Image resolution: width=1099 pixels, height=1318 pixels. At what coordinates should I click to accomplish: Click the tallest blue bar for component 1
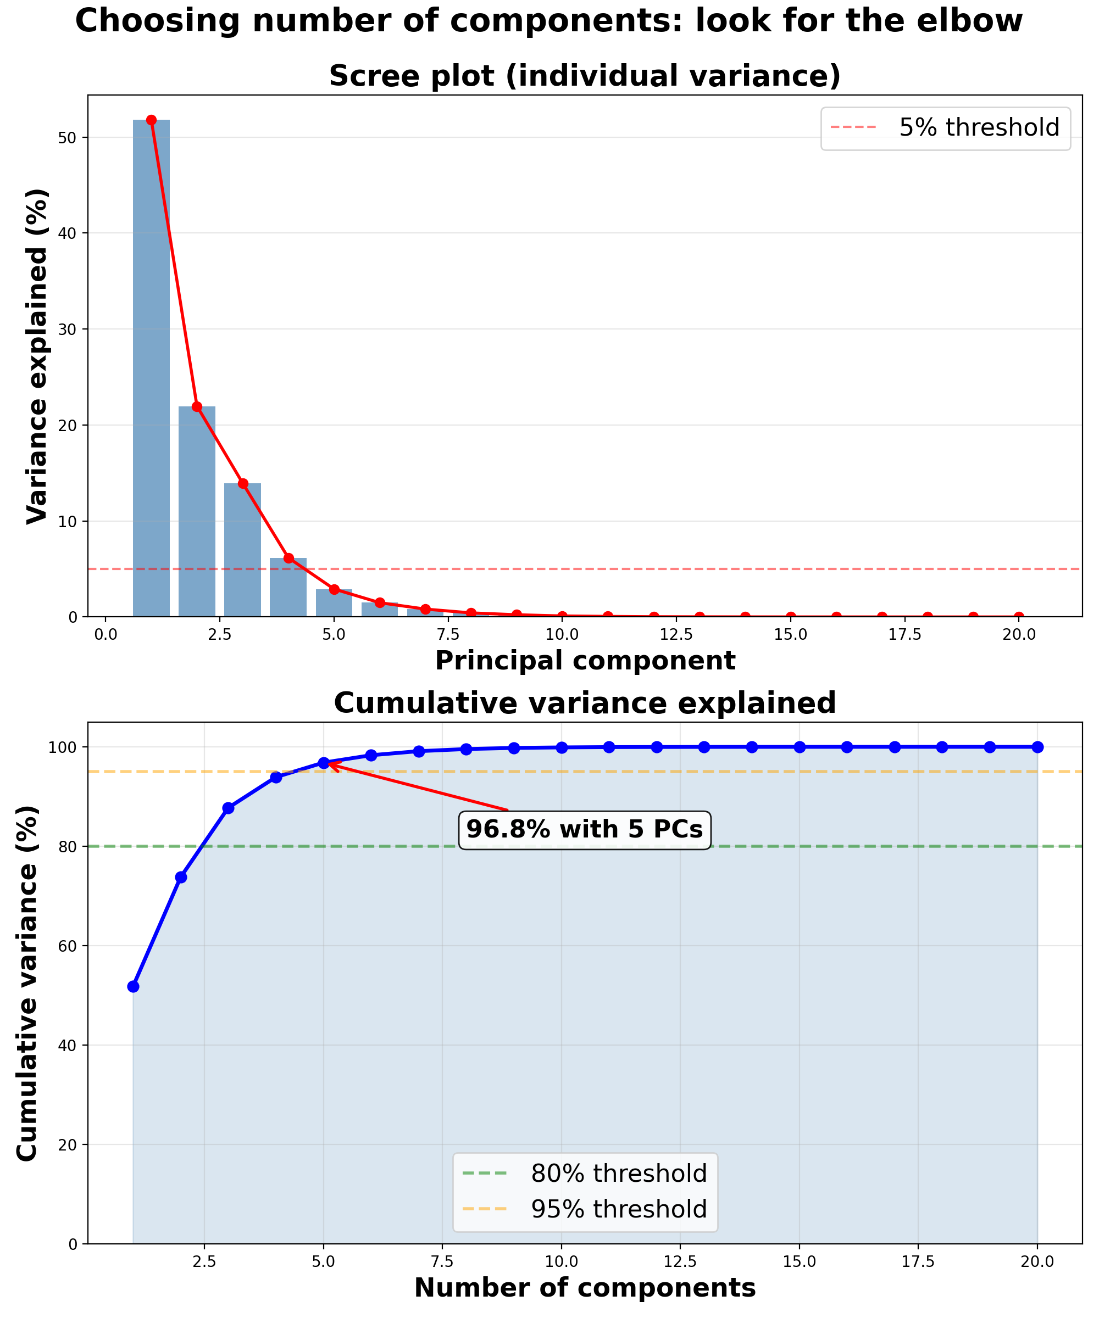(151, 370)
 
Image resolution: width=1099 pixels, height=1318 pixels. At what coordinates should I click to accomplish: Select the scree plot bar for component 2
(197, 511)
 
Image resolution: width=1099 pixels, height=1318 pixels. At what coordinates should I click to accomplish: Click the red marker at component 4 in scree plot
(288, 558)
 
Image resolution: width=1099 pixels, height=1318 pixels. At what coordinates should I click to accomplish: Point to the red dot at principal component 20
(1019, 616)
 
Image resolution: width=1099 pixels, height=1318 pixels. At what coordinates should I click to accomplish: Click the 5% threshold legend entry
(945, 128)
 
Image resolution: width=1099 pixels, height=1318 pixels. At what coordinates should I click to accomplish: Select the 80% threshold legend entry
(585, 1174)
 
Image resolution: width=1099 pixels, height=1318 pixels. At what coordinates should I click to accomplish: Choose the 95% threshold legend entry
(585, 1209)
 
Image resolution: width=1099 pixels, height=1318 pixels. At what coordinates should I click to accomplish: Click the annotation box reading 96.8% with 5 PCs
(584, 830)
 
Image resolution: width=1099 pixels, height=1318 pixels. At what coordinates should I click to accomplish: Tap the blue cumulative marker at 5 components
(324, 763)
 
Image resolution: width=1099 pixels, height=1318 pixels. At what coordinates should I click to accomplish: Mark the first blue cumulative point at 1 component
(133, 987)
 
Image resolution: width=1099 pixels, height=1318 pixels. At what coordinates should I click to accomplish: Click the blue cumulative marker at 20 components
(1037, 747)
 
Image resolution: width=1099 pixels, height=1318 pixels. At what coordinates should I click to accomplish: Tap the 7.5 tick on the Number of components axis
(442, 1261)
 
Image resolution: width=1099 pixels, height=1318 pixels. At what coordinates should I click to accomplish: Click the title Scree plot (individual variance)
(585, 76)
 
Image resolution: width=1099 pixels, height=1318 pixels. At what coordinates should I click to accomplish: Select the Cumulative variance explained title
(585, 703)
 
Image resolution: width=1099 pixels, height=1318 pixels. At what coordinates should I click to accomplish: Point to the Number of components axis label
(585, 1288)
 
